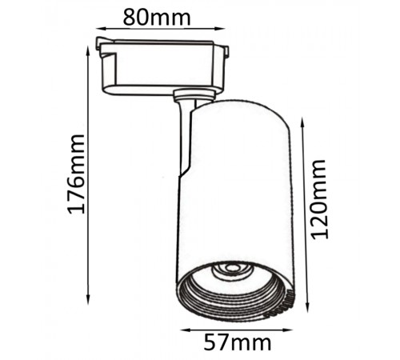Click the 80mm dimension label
(x=157, y=18)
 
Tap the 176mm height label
(x=76, y=174)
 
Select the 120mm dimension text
(x=318, y=199)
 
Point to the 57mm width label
(x=238, y=342)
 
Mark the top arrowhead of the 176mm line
(x=88, y=50)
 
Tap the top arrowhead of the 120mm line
(x=302, y=122)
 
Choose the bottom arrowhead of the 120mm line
(x=307, y=306)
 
